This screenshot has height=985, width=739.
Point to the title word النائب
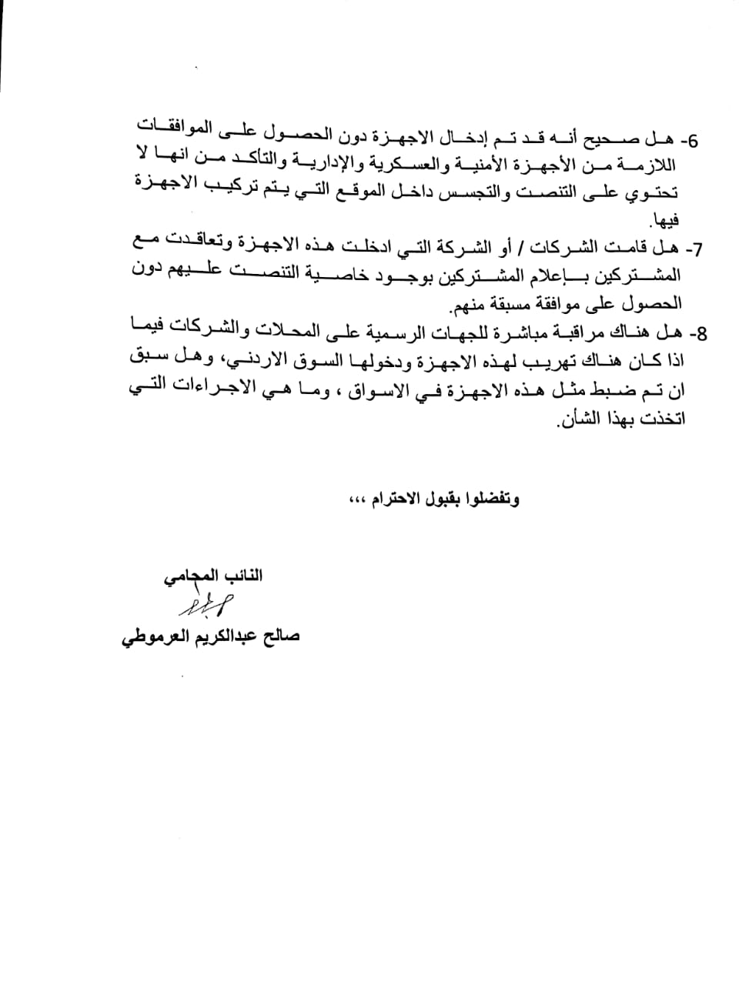(x=242, y=576)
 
